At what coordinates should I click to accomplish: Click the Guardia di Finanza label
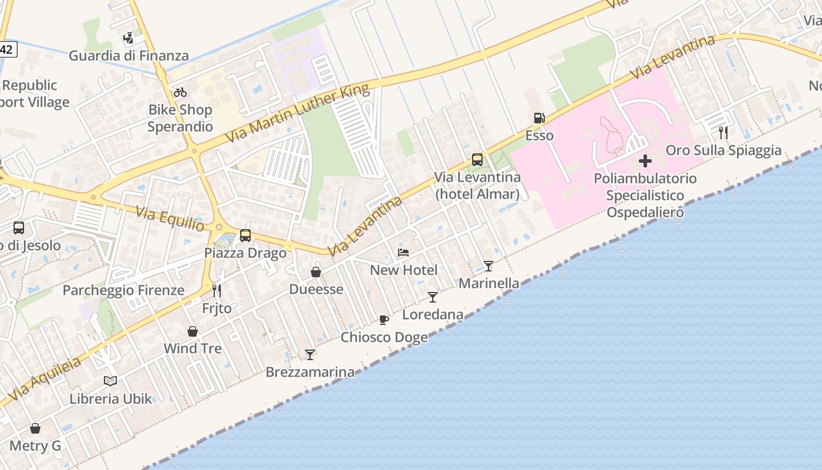[129, 56]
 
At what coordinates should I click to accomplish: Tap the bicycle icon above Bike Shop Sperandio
[180, 92]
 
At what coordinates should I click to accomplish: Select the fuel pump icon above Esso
[539, 118]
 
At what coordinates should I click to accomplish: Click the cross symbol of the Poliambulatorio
[645, 161]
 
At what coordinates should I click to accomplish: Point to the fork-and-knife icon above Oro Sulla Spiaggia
[723, 133]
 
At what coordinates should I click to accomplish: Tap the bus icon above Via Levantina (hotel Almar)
[477, 159]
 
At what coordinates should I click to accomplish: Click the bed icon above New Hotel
[403, 253]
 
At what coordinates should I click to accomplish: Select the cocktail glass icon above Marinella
[489, 266]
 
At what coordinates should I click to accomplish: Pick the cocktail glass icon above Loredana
[433, 297]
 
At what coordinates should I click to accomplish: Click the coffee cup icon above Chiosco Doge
[384, 320]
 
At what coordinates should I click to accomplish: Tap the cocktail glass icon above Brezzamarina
[310, 355]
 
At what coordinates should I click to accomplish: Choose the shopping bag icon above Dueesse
[316, 272]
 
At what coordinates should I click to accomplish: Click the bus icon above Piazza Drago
[245, 236]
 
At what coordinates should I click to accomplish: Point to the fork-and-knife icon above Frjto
[217, 291]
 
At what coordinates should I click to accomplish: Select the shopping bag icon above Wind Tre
[193, 331]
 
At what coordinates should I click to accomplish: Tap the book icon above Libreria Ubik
[110, 381]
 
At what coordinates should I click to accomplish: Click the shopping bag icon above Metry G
[35, 428]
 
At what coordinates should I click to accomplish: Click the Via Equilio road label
[170, 219]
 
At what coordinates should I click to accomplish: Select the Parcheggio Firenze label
[123, 290]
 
